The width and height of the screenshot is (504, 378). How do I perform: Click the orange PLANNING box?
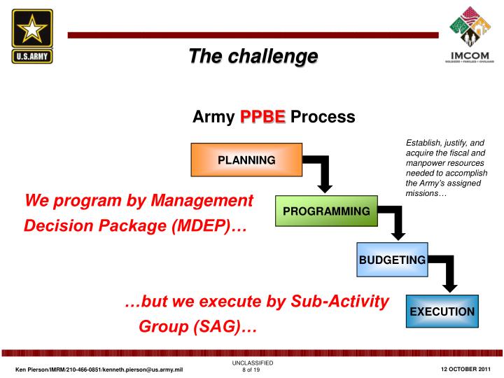point(246,160)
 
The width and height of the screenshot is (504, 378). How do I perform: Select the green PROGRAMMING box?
point(326,211)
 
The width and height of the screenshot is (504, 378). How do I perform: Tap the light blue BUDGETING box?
point(392,260)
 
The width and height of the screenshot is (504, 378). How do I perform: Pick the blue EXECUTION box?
point(442,311)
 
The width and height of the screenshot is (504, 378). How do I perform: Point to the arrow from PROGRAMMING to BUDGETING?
point(396,223)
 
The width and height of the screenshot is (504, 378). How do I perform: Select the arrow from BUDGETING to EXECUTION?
point(447,273)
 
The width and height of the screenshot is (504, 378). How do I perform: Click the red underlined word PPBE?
point(262,117)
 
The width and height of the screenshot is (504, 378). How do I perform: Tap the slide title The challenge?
point(253,55)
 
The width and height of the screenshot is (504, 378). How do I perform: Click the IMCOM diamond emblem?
point(469,29)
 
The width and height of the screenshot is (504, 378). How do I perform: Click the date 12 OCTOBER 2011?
point(465,369)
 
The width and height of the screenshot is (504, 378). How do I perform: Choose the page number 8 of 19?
point(251,370)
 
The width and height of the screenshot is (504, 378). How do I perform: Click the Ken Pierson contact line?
point(99,369)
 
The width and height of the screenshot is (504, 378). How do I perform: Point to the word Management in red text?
point(204,201)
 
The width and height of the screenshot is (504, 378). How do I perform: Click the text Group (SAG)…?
point(198,326)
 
